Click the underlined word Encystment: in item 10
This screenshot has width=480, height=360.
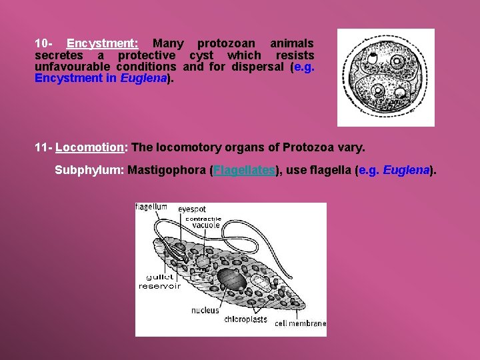coord(103,43)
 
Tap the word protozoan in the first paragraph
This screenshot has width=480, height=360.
coord(225,43)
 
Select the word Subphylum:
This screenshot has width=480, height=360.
coord(89,170)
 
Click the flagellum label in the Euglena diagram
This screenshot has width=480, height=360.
coord(151,207)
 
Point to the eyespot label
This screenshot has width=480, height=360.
coord(192,209)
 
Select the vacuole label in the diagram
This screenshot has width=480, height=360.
coord(206,225)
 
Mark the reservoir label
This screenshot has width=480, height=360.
coord(159,286)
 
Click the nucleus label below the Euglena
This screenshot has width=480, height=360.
coord(205,310)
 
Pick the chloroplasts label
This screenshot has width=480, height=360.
coord(245,319)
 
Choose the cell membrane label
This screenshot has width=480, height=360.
coord(301,323)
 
